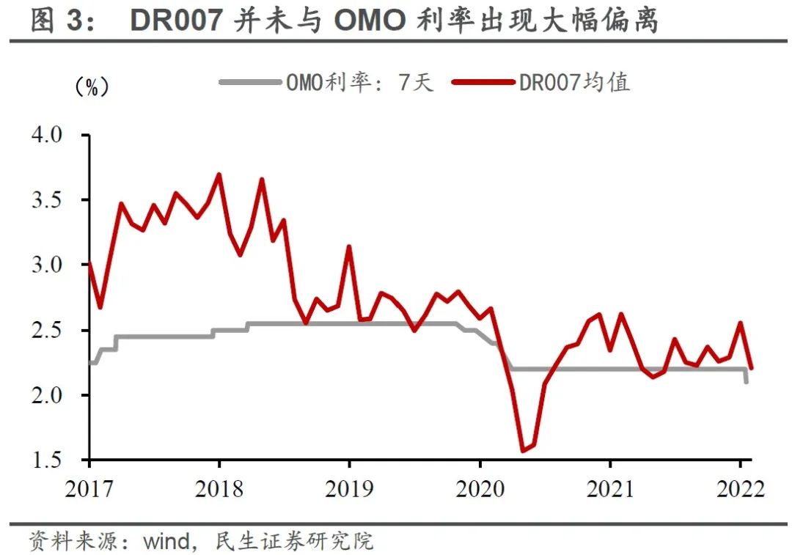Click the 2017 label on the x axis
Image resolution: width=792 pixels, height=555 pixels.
(x=89, y=488)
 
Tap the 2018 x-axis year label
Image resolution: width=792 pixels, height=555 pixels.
(x=219, y=488)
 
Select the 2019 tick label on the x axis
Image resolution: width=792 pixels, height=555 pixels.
(x=349, y=488)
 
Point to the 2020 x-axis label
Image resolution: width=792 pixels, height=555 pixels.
(x=480, y=488)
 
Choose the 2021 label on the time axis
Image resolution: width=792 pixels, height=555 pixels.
(x=610, y=488)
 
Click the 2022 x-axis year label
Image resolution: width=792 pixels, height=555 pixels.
(x=740, y=488)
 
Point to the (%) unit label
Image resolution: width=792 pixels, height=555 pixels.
(x=92, y=87)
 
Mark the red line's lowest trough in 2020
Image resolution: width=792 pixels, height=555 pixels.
(x=524, y=450)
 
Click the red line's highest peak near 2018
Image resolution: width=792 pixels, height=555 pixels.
(x=219, y=174)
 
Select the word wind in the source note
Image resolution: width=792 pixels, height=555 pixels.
(x=166, y=542)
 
